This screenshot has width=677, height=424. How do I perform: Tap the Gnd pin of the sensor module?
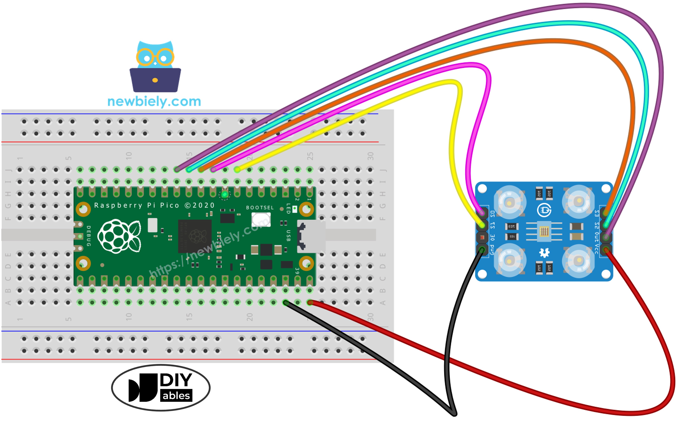pyautogui.click(x=482, y=249)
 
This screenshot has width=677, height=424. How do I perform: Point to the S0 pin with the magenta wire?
pyautogui.click(x=482, y=213)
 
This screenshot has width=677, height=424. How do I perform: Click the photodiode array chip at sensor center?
pyautogui.click(x=544, y=231)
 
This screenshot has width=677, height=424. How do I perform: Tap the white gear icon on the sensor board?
pyautogui.click(x=544, y=253)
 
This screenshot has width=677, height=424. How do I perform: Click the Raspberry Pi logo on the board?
pyautogui.click(x=119, y=236)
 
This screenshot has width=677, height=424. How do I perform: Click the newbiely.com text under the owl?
pyautogui.click(x=154, y=102)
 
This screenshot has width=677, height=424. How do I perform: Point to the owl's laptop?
pyautogui.click(x=155, y=80)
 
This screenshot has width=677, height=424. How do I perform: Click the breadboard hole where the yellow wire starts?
pyautogui.click(x=237, y=170)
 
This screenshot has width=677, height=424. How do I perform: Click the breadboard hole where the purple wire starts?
pyautogui.click(x=177, y=170)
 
